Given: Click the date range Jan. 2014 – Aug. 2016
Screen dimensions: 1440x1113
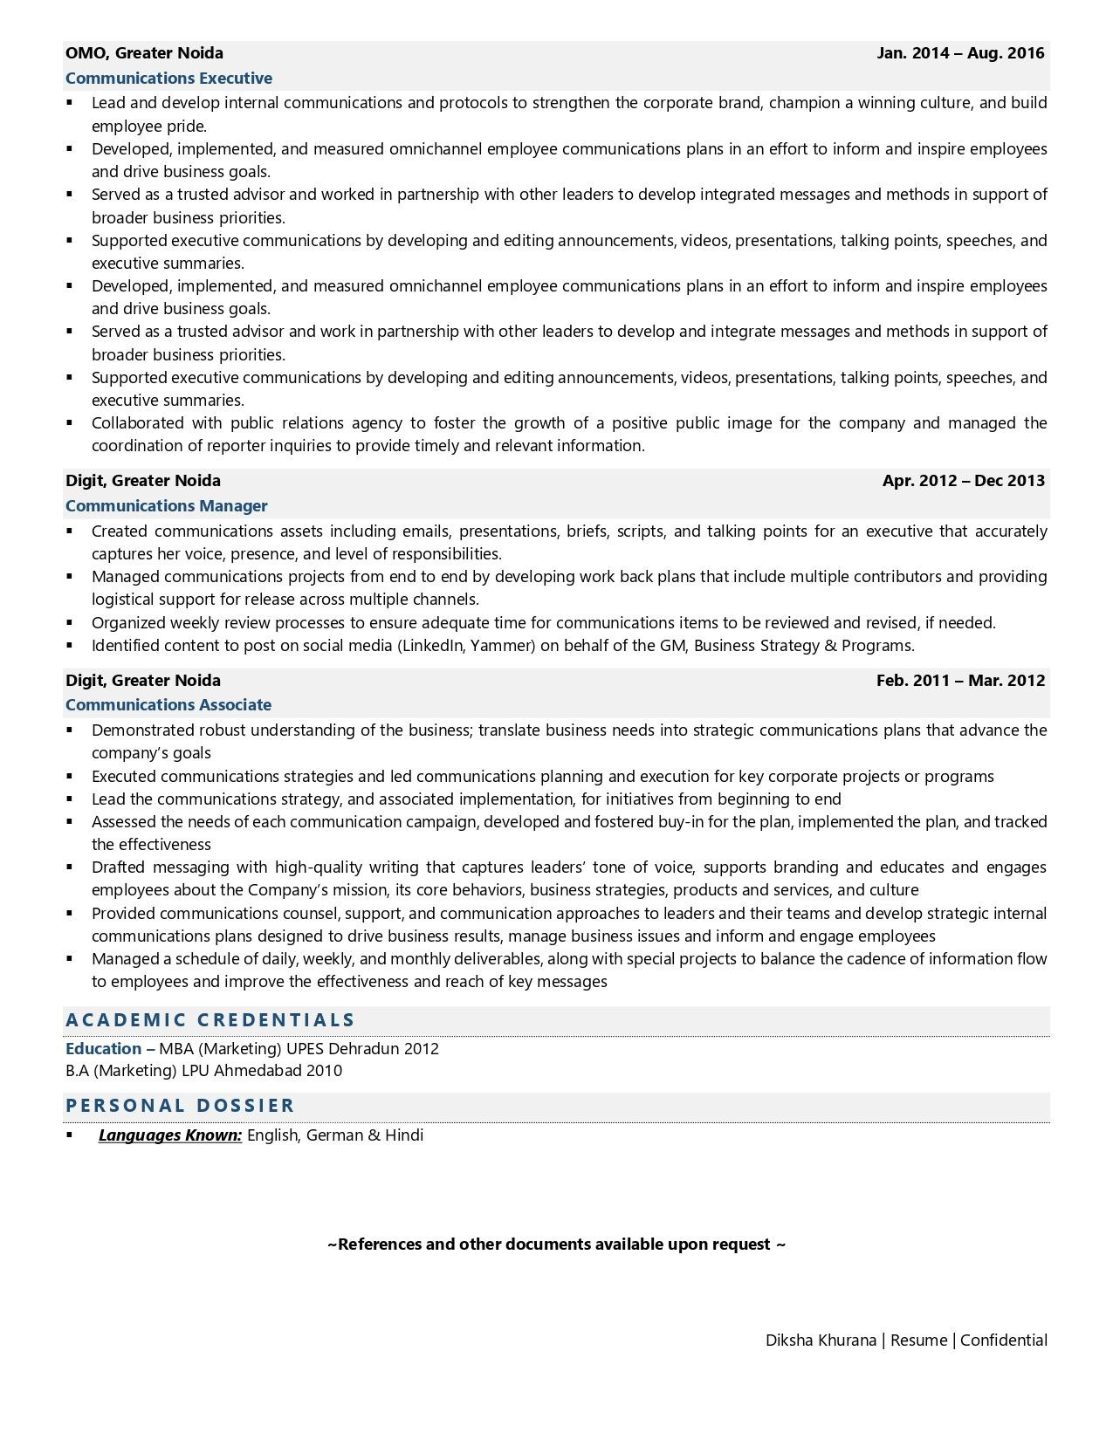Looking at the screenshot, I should coord(960,53).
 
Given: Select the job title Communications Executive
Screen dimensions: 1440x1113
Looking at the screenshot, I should coord(168,79).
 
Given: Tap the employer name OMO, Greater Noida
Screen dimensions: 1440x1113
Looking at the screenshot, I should coord(144,53).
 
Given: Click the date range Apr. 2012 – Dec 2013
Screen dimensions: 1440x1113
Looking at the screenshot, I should coord(963,481).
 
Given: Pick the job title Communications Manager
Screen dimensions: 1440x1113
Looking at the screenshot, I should coord(166,506).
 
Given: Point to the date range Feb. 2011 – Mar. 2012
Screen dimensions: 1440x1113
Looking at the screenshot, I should coord(960,681).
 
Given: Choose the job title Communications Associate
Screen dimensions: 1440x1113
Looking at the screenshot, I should coord(168,705).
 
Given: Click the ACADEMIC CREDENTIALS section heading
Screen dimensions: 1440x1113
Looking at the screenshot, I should coord(210,1020).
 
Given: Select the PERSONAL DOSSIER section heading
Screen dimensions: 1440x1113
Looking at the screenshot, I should coord(181,1106).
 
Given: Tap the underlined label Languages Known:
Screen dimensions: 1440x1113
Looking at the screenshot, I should coord(170,1135).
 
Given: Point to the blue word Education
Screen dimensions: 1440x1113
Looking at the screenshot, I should coord(103,1049).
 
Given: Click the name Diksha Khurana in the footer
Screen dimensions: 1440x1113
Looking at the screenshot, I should coord(821,1341).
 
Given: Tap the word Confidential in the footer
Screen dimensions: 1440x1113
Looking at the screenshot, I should coord(1004,1341).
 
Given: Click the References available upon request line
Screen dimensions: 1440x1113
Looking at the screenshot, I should coord(556,1245).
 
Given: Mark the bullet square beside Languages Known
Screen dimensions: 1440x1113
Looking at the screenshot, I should coord(70,1135).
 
